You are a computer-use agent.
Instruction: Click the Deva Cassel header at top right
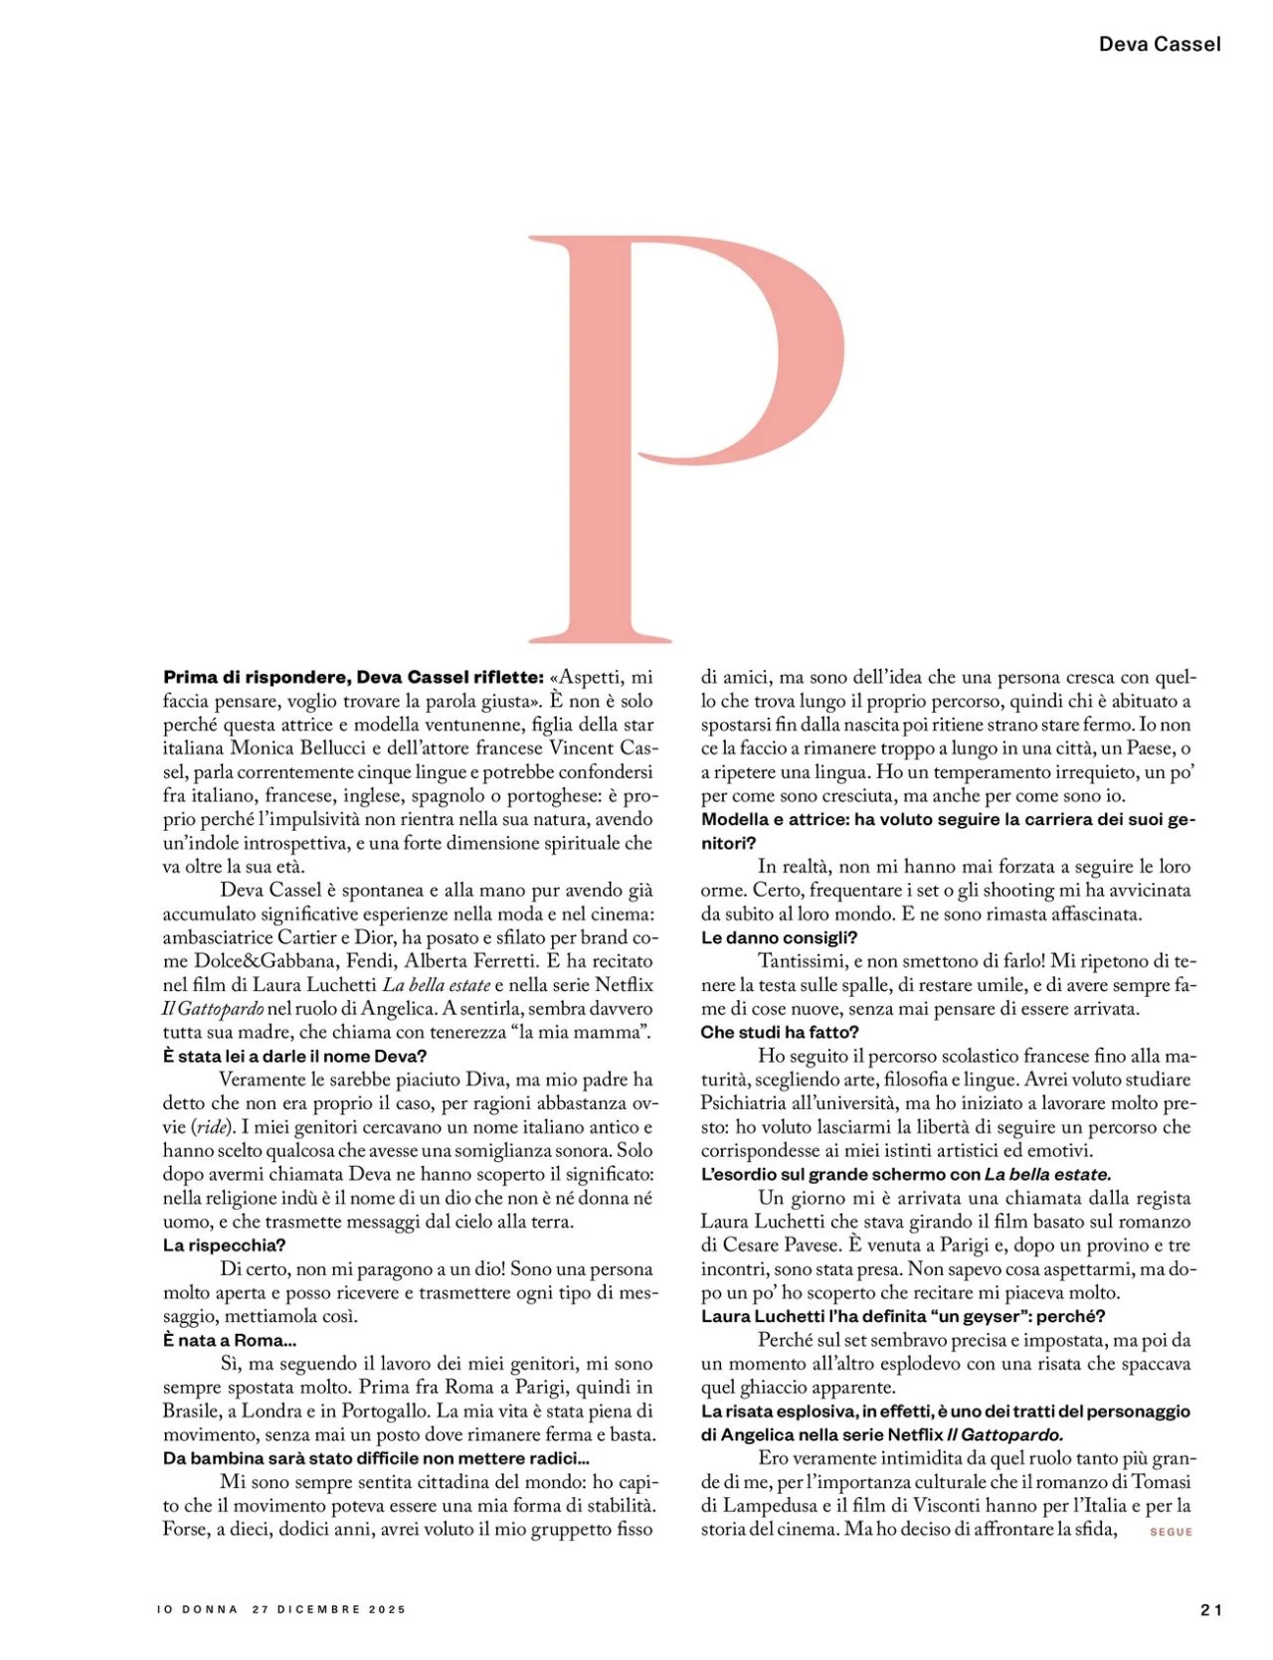(x=1160, y=44)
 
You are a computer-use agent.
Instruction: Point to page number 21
(x=1210, y=1610)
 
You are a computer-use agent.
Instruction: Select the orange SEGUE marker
(x=1171, y=1532)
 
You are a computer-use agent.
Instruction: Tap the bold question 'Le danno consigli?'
(x=779, y=937)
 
